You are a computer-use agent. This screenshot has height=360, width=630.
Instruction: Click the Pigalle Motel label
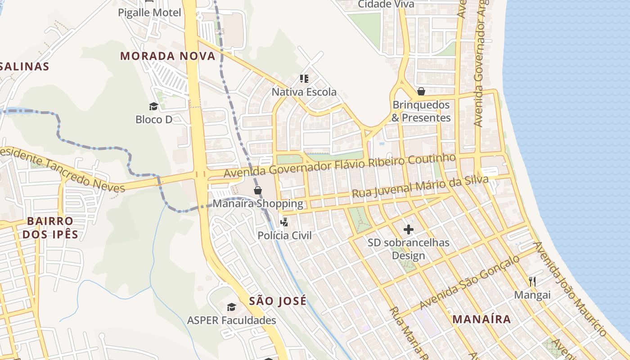149,13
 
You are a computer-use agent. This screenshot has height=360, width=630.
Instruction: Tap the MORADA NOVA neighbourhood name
168,56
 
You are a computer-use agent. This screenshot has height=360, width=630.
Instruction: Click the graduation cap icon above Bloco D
154,107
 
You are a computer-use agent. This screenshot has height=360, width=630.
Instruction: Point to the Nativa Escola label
304,92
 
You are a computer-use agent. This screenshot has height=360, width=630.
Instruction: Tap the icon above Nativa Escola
304,79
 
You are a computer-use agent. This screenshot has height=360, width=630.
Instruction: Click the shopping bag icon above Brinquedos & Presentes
421,91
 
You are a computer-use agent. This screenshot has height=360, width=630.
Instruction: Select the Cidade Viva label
386,4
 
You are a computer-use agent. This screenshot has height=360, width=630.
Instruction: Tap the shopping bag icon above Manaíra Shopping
258,190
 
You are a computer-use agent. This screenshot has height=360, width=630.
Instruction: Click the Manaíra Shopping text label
258,203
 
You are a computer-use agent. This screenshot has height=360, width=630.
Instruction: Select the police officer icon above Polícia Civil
284,222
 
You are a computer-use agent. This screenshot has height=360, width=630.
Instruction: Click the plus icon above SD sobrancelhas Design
408,230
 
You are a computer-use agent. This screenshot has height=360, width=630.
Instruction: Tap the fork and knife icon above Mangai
532,282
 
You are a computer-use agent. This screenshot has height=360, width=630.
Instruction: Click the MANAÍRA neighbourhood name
481,319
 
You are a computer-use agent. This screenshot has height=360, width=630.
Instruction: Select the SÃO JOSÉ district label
278,301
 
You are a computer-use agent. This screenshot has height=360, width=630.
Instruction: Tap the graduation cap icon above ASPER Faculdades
231,307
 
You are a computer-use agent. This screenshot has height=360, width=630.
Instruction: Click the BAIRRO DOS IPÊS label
50,228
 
